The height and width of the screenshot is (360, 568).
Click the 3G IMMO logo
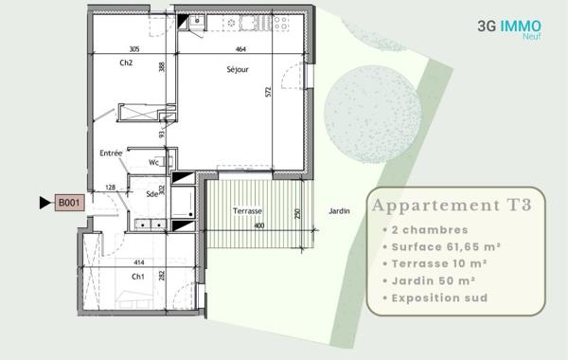click(509, 28)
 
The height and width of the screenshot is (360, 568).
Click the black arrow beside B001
click(44, 203)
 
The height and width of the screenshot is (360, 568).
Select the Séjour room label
click(238, 69)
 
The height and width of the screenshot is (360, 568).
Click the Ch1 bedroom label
click(138, 276)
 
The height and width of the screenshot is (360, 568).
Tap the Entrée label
click(111, 153)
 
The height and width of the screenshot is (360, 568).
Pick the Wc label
click(153, 162)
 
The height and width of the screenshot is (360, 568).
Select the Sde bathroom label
click(151, 194)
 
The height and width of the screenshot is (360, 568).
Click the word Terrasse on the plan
click(247, 210)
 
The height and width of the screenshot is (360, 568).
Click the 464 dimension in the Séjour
click(240, 49)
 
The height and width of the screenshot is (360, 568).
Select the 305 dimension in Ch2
click(133, 49)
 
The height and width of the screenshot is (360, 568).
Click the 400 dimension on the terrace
click(258, 226)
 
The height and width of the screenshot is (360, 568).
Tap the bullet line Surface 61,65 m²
click(443, 246)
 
